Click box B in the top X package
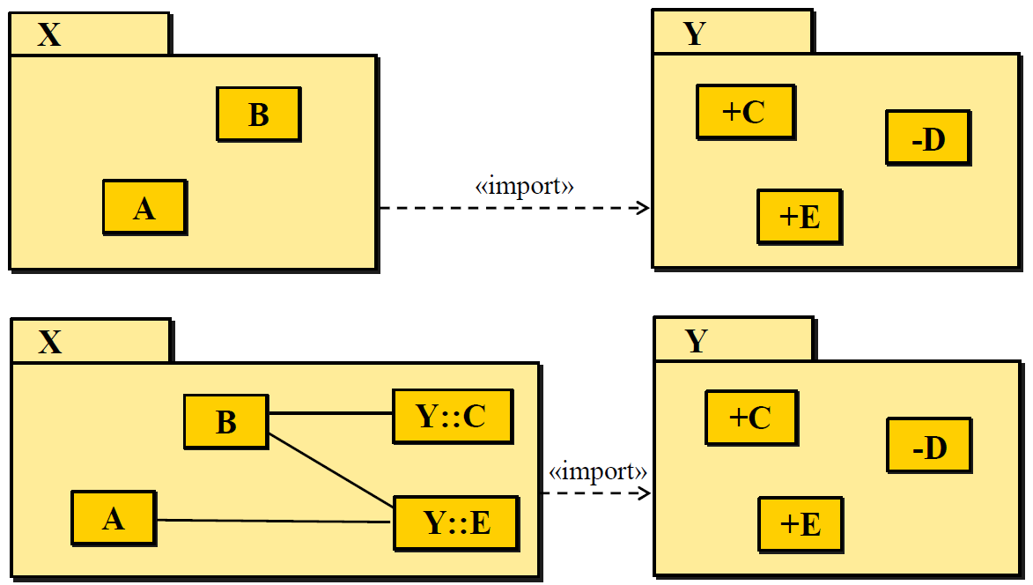[x=258, y=115]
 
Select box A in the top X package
[x=144, y=208]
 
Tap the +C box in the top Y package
[x=745, y=112]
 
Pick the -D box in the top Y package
[x=927, y=138]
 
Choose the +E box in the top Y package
[x=800, y=217]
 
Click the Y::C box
[x=452, y=416]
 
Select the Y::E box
[x=455, y=522]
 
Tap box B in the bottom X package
[x=225, y=422]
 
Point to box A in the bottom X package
[x=113, y=519]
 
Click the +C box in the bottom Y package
[x=750, y=418]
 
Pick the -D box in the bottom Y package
[x=928, y=448]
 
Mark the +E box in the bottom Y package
[x=801, y=524]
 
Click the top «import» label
[x=525, y=187]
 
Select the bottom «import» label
[x=597, y=471]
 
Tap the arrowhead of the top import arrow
[x=643, y=208]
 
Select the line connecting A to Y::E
[x=273, y=521]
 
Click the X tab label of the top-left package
[x=50, y=35]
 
